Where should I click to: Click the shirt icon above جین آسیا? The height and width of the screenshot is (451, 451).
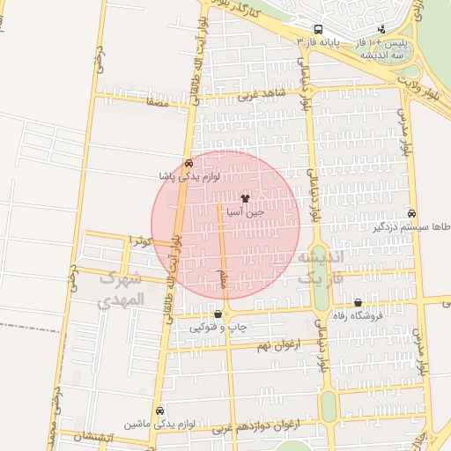click(x=245, y=199)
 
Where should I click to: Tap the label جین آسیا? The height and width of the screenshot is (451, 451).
click(x=246, y=212)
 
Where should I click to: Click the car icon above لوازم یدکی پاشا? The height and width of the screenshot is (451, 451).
click(x=189, y=163)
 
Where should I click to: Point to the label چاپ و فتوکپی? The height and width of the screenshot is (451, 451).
click(x=213, y=328)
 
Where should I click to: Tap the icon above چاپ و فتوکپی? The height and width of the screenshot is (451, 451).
click(x=218, y=314)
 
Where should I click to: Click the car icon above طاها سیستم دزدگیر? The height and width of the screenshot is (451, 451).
click(x=412, y=213)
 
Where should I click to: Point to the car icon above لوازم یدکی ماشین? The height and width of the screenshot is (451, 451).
click(x=159, y=410)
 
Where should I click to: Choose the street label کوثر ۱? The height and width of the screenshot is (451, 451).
click(x=141, y=240)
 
